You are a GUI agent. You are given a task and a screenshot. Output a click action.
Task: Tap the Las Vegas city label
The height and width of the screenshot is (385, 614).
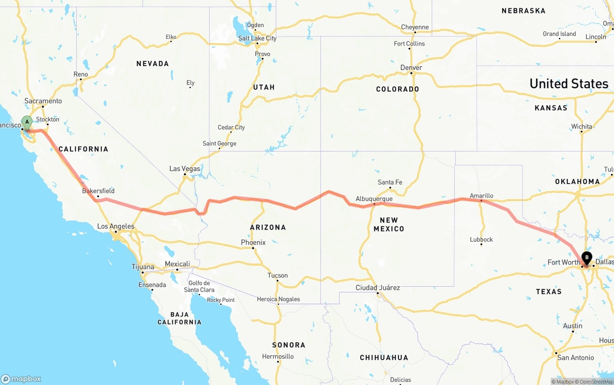click(185, 169)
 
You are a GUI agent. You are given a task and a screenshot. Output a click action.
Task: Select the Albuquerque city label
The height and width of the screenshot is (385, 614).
click(374, 199)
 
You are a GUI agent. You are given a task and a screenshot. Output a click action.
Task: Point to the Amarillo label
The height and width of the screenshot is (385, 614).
click(481, 196)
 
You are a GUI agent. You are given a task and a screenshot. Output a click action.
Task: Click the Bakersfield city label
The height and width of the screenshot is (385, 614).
click(98, 191)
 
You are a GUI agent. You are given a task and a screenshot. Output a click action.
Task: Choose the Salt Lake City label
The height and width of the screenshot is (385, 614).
click(257, 38)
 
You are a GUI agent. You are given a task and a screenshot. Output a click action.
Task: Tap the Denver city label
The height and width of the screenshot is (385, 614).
click(411, 68)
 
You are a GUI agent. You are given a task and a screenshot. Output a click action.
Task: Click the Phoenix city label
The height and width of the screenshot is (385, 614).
click(253, 243)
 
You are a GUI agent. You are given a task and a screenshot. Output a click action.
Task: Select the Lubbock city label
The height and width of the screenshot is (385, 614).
click(481, 240)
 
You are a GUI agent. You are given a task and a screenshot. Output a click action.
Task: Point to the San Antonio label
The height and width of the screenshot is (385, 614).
click(576, 358)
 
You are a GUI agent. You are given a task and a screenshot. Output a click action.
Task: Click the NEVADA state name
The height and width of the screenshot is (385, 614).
click(153, 64)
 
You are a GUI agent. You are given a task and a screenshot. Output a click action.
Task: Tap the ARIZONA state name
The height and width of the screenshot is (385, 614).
click(268, 227)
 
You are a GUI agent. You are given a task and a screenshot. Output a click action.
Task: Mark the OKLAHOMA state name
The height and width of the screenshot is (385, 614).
click(577, 182)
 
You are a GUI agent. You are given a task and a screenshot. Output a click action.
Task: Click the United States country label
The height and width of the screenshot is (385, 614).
click(568, 84)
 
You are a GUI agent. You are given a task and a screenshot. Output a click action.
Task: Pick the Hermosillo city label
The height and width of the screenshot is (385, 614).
click(278, 357)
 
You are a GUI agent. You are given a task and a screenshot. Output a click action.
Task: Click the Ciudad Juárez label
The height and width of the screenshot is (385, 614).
click(378, 288)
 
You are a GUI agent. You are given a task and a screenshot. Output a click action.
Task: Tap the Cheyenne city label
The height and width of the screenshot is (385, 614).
click(414, 27)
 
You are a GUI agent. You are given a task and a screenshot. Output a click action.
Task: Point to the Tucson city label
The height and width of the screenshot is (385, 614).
click(278, 276)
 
